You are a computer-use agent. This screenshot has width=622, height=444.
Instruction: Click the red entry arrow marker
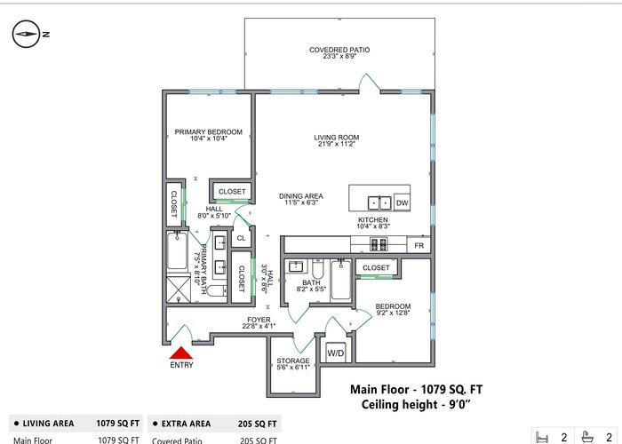click(x=181, y=353)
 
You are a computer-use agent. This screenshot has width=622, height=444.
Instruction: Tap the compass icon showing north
click(x=26, y=34)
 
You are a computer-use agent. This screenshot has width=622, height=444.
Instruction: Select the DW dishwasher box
click(x=402, y=202)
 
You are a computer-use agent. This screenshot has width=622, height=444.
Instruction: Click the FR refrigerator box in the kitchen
click(x=419, y=245)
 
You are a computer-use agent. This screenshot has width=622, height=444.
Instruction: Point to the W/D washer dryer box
click(x=336, y=353)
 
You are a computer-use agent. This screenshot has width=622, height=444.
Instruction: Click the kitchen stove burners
click(x=379, y=244)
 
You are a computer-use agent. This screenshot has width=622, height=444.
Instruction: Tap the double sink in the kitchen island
click(x=379, y=202)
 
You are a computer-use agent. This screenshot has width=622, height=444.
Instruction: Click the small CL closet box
click(x=241, y=238)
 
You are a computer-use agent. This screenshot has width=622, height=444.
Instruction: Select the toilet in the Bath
click(x=318, y=269)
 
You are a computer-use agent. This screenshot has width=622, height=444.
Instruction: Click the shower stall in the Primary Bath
click(x=178, y=289)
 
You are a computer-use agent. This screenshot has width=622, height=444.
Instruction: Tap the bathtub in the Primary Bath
click(x=177, y=251)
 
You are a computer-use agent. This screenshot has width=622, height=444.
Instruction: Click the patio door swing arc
click(x=369, y=81)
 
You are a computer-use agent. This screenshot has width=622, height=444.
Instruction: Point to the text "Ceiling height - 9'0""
click(x=416, y=405)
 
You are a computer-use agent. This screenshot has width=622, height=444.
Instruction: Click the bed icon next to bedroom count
click(x=542, y=438)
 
